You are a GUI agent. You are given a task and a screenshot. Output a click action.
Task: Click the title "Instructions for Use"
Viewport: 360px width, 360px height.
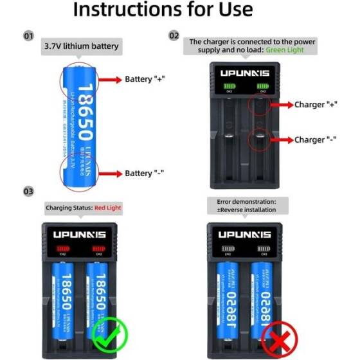coord(162,11)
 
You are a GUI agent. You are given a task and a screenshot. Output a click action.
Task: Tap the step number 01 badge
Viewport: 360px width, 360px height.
coord(28,36)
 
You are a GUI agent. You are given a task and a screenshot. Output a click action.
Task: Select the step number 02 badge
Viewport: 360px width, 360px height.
coord(174,36)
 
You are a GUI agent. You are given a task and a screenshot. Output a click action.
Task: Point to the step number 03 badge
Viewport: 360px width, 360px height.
coord(28,192)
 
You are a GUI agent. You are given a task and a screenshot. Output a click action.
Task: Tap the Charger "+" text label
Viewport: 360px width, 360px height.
coord(315,104)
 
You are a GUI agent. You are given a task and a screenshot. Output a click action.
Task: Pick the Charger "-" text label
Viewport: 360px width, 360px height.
coord(315,139)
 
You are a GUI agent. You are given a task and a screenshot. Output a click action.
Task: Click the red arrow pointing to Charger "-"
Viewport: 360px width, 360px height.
coord(281,139)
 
